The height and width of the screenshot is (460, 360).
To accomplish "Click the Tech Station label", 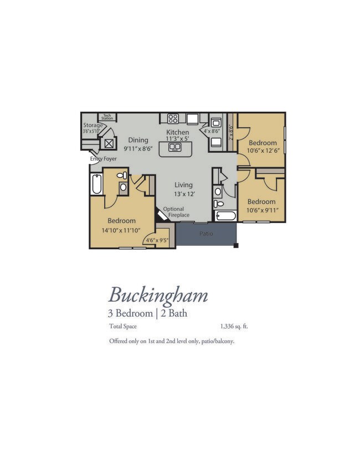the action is point(107,117).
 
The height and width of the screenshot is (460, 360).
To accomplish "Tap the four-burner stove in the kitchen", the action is point(173,118).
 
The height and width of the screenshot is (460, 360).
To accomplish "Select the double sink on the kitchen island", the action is point(174,147).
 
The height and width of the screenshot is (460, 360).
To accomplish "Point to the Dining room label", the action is point(138,140).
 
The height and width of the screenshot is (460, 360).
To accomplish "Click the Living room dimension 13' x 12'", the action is point(184,194).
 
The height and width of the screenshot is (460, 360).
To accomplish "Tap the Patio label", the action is point(206,234).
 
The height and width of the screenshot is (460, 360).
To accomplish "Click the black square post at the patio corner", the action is point(236,245).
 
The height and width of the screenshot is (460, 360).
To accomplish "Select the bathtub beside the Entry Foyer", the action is point(96,184).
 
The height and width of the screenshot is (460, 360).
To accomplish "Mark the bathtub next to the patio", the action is point(225,216).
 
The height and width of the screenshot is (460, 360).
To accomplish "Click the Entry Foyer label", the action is point(104,159).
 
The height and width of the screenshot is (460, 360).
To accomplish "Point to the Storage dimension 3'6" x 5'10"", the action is point(91,131).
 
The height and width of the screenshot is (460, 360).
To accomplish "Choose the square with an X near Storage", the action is point(109,143).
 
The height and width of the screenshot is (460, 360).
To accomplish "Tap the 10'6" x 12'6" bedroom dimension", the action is point(263,151).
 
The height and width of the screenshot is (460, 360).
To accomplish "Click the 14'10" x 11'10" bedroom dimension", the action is point(121,230).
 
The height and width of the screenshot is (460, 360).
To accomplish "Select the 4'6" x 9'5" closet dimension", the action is point(157,240).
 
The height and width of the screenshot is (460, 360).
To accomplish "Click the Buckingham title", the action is point(158,296).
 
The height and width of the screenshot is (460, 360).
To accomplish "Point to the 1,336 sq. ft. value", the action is point(234,326).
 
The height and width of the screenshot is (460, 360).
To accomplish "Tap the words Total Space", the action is point(123,326).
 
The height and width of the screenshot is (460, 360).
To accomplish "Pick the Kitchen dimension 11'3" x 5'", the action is point(177,139).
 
